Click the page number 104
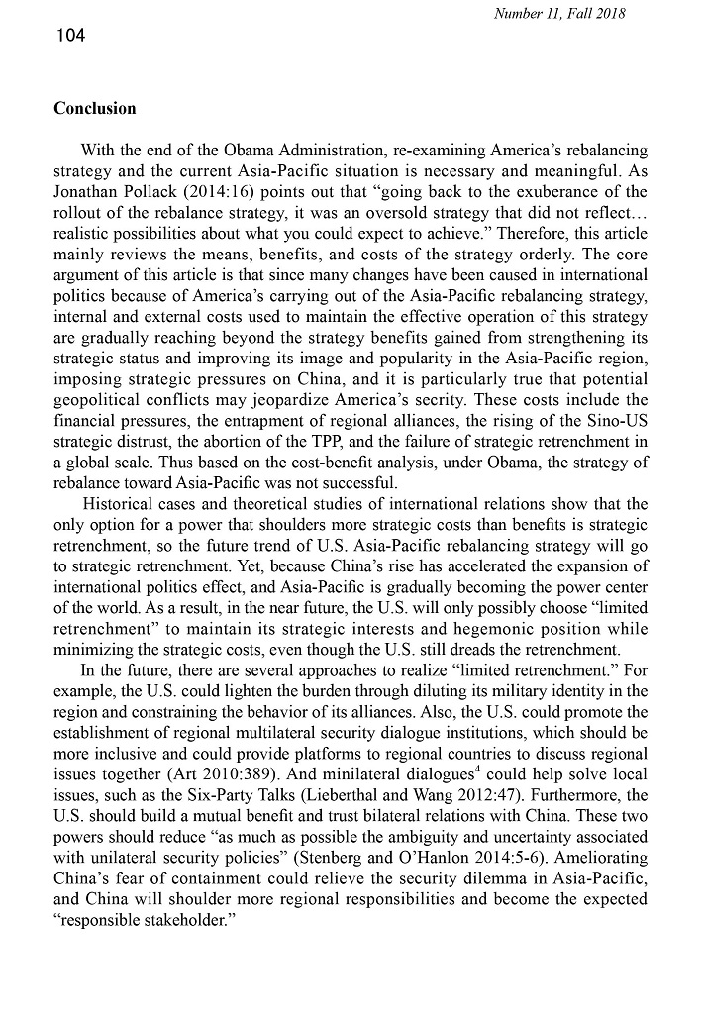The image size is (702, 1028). click(70, 37)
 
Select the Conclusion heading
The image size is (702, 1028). click(95, 108)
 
